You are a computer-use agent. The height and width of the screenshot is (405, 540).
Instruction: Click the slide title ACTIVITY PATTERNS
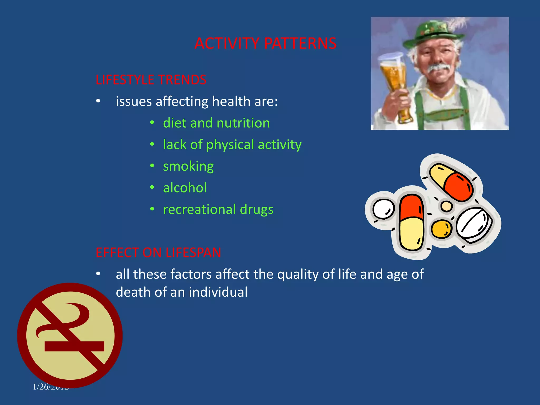click(265, 44)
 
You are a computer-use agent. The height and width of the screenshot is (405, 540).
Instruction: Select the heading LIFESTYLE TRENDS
click(151, 80)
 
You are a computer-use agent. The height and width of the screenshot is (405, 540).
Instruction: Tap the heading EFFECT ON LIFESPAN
click(158, 253)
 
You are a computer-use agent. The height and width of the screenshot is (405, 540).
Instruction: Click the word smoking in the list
click(188, 166)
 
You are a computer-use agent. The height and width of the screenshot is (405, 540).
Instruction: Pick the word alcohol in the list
click(185, 188)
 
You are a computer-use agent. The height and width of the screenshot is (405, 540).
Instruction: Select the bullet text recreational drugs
click(218, 210)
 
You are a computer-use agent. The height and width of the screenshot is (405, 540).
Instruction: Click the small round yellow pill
click(442, 229)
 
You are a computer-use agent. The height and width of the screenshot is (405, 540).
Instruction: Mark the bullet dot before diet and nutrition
click(152, 123)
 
